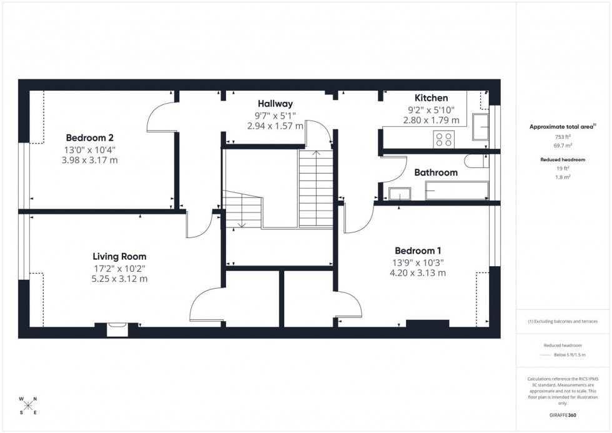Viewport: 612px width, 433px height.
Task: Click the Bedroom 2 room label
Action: click(x=90, y=137)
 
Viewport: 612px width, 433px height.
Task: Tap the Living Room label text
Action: click(x=119, y=256)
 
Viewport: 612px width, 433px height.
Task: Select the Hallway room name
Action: click(x=275, y=103)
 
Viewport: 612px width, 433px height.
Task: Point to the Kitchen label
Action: click(x=431, y=98)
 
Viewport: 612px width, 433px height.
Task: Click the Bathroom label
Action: click(x=436, y=172)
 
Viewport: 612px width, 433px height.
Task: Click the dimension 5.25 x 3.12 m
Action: click(x=119, y=279)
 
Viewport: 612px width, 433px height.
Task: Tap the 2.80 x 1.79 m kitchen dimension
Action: click(x=431, y=120)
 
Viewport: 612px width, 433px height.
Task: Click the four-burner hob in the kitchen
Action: click(x=445, y=139)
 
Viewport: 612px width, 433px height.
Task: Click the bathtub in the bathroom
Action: click(x=457, y=190)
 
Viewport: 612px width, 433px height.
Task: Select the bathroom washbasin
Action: click(x=398, y=193)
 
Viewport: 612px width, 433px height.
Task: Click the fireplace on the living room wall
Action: click(x=117, y=329)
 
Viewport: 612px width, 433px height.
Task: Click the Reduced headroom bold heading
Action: click(x=563, y=160)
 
